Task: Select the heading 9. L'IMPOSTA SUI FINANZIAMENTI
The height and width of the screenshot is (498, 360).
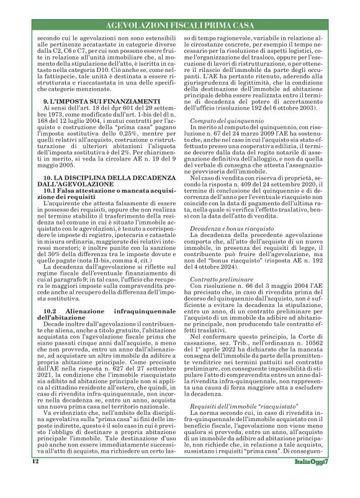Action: click(x=84, y=118)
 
